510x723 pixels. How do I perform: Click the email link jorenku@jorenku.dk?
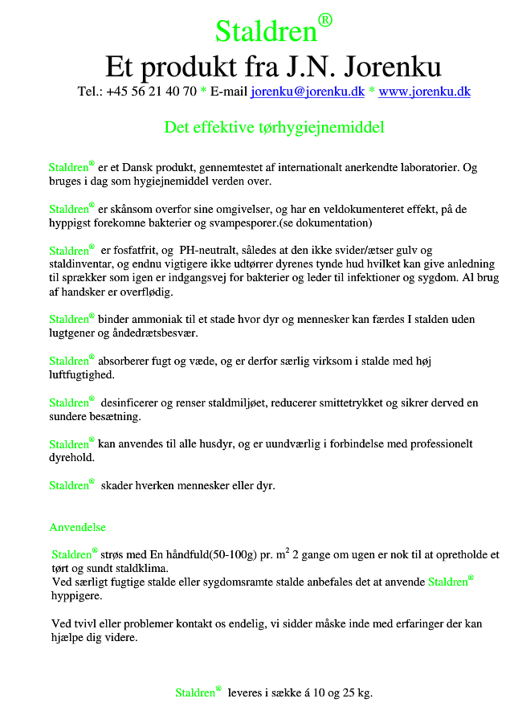(x=308, y=92)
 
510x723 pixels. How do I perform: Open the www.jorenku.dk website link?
(x=424, y=92)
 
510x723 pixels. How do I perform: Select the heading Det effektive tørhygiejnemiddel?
(x=274, y=128)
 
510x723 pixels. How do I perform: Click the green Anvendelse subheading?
(x=77, y=528)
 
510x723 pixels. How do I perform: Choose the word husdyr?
(x=222, y=443)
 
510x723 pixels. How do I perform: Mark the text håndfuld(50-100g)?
(x=205, y=555)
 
